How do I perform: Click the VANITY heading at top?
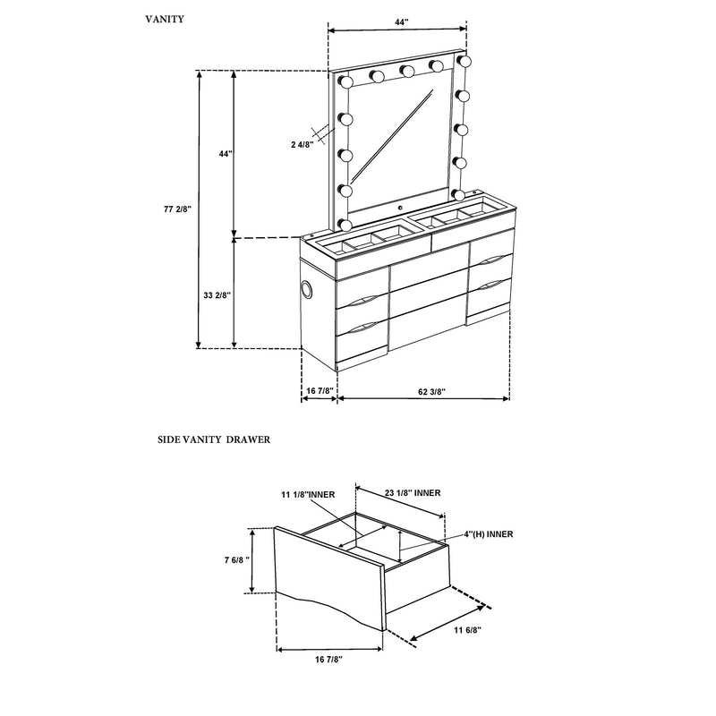coord(166,18)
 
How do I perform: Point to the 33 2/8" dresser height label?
coord(218,294)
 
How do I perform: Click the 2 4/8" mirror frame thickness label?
coord(303,144)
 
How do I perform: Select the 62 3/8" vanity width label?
coord(433,391)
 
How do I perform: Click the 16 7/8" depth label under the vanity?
coord(319,391)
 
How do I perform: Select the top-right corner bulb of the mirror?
coord(464,61)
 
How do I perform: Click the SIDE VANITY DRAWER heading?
coord(214,440)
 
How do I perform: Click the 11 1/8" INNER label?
coord(307,493)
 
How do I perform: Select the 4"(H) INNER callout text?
coord(488,533)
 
